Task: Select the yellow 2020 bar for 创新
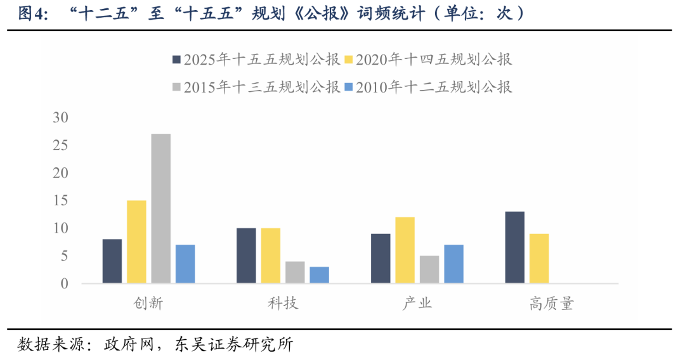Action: point(136,241)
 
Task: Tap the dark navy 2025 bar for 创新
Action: point(112,260)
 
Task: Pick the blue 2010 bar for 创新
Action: point(185,264)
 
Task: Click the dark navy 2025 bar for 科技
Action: point(246,255)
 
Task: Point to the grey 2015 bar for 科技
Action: point(295,272)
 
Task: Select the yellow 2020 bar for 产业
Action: point(405,250)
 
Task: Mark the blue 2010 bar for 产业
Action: point(453,264)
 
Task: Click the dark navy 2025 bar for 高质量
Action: point(514,247)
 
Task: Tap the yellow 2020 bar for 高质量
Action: point(539,258)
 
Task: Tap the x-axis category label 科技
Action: point(283,304)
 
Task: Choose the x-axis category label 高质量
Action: point(551,304)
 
